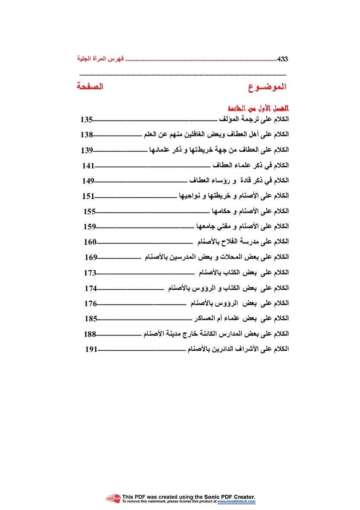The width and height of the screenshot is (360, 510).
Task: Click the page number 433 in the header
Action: [282, 58]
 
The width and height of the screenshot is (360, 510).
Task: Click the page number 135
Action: [86, 120]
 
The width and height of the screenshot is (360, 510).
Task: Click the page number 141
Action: [88, 165]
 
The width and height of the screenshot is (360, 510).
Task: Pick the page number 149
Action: [88, 181]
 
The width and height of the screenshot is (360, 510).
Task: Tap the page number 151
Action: [88, 196]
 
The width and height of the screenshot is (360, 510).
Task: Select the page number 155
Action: [89, 211]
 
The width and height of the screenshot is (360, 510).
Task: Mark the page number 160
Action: [90, 242]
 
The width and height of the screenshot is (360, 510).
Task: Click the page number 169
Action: [91, 257]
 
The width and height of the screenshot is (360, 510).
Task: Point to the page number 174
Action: [91, 288]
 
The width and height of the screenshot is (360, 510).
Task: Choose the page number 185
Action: [91, 319]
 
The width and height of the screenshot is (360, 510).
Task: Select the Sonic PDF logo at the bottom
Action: [113, 499]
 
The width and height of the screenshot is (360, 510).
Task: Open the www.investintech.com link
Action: [236, 502]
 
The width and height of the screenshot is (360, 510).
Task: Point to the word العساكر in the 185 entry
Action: [203, 319]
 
